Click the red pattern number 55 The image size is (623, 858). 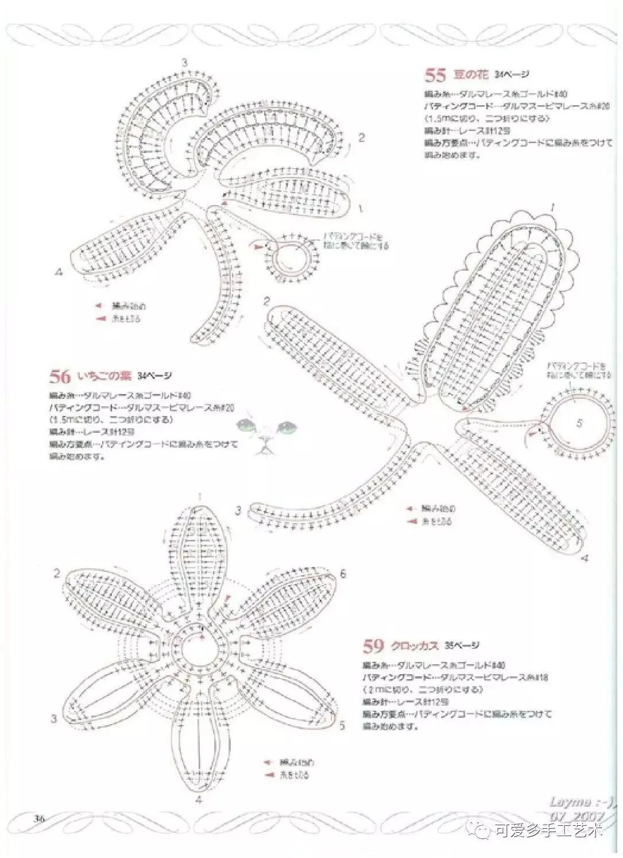[435, 75]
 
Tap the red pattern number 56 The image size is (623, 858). [60, 376]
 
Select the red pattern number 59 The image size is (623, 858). [373, 646]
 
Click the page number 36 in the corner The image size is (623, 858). [40, 818]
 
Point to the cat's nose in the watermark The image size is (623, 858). [265, 440]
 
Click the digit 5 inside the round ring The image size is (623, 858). [579, 424]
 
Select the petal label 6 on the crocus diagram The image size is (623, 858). [343, 574]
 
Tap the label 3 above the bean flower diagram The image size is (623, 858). [184, 63]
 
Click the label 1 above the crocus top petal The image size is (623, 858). [199, 497]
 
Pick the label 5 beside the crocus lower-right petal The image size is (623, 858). [342, 726]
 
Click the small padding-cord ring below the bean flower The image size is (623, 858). [293, 256]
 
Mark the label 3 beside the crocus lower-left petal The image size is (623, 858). [53, 718]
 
